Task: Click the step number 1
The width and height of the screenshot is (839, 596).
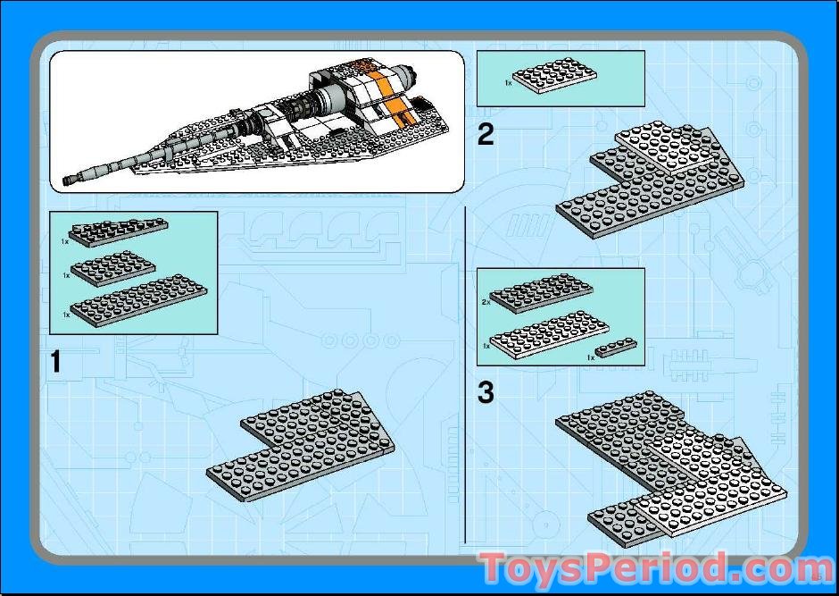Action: (x=55, y=361)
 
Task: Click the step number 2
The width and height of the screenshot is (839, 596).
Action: (x=486, y=134)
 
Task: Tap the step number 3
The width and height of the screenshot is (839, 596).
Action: (x=486, y=392)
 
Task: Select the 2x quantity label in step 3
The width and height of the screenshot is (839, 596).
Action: (x=486, y=302)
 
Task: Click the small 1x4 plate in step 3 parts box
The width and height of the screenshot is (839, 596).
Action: (x=616, y=348)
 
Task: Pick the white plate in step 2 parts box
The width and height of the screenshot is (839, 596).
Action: (x=555, y=76)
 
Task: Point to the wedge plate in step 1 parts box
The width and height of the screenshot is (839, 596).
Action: (x=118, y=231)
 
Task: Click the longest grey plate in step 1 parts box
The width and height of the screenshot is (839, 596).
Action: (x=138, y=300)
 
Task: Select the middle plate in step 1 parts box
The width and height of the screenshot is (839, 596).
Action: (x=112, y=268)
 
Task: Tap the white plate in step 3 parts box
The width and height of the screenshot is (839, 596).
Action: (x=550, y=335)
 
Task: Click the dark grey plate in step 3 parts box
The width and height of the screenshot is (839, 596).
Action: (x=541, y=293)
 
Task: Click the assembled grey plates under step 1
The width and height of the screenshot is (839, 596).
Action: (x=301, y=446)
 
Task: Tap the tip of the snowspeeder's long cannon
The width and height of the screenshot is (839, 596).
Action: (x=66, y=181)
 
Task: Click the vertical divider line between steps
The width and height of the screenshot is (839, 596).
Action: (x=466, y=374)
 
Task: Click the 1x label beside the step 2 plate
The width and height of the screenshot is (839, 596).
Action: (x=509, y=83)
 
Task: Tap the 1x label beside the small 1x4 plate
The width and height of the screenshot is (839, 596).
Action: (x=591, y=357)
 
